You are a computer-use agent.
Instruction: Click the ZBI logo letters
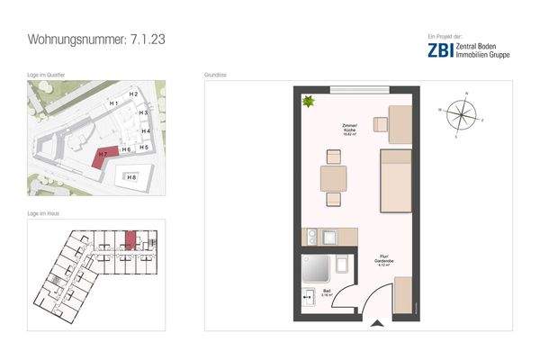point(441,50)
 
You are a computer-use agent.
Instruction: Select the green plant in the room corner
point(310,103)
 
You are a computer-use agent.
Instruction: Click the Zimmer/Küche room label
point(350,130)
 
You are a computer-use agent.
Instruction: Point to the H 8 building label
point(132,178)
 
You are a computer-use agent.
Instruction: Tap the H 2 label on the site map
point(132,94)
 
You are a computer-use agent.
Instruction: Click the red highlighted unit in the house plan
point(129,239)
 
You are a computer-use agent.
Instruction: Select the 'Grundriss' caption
point(216,76)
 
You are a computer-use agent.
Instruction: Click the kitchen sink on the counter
point(311,237)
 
